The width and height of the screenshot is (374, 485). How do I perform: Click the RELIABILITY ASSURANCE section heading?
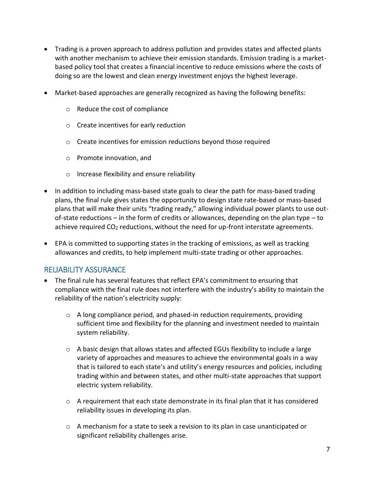click(x=85, y=270)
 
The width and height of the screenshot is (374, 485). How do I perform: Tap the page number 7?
click(x=328, y=450)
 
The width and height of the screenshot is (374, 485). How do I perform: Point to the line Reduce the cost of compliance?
click(x=122, y=109)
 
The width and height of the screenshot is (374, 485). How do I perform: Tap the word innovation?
click(x=118, y=158)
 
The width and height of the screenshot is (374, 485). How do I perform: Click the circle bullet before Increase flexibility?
click(x=68, y=174)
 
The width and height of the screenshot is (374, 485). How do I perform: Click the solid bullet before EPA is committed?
click(x=46, y=244)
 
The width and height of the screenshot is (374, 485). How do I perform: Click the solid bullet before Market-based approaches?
click(x=46, y=93)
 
